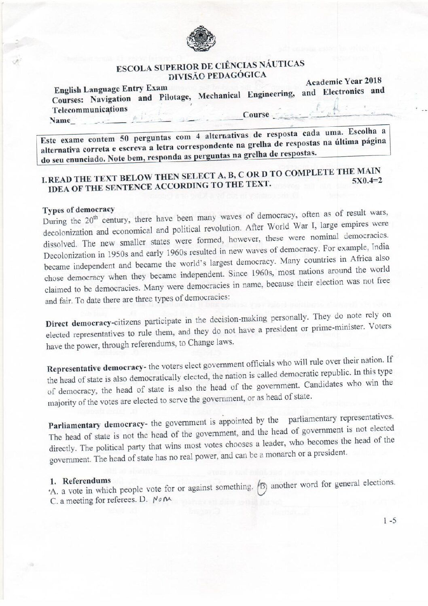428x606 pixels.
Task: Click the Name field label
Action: coord(59,121)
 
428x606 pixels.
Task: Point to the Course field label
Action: coord(256,115)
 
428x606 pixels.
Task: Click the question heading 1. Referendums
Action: coord(80,481)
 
